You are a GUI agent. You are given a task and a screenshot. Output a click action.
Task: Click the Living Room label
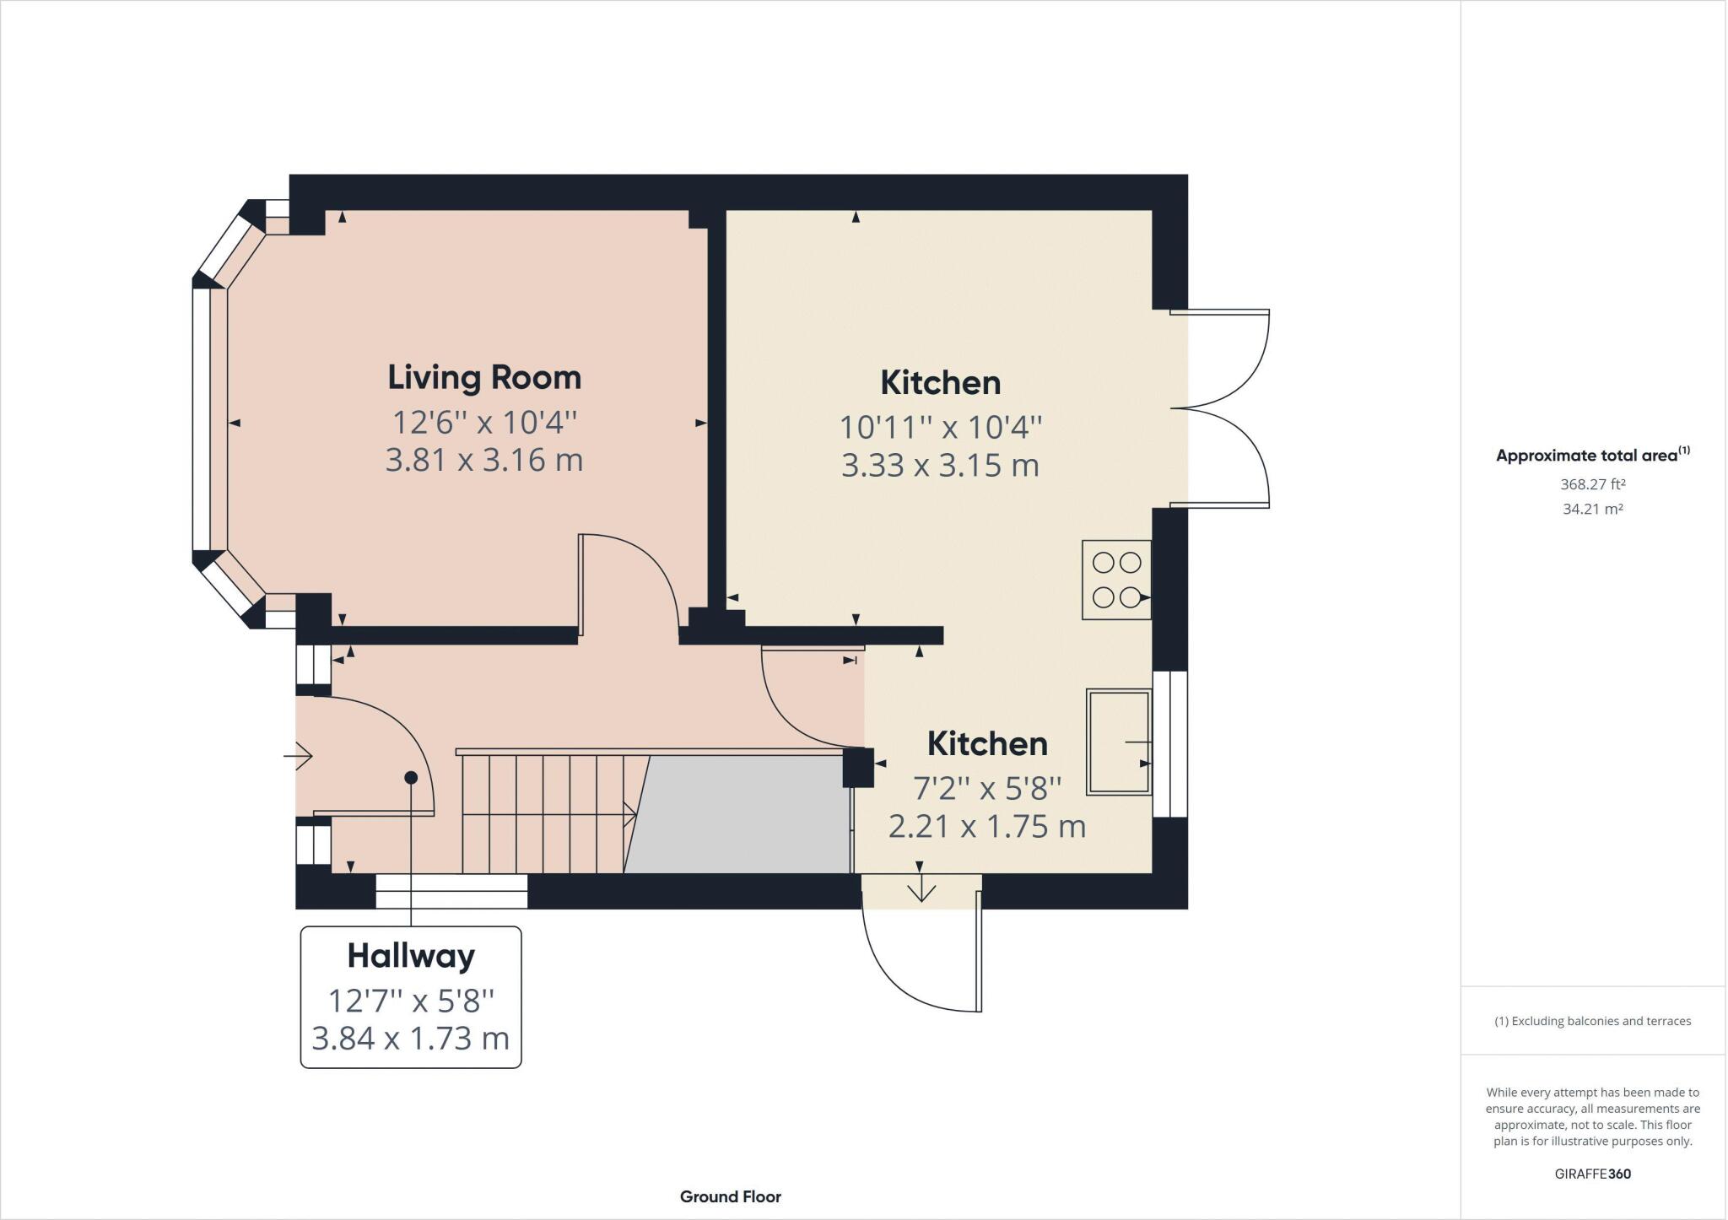click(484, 377)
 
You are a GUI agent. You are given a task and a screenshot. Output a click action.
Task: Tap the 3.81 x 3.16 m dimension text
click(484, 461)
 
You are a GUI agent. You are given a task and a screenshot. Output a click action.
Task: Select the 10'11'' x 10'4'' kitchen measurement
click(940, 427)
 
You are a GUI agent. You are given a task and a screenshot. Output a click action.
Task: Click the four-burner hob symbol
click(1116, 580)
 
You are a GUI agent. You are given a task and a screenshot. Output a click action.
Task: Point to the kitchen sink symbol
click(1118, 742)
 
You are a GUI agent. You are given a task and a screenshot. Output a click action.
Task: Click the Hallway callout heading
click(411, 956)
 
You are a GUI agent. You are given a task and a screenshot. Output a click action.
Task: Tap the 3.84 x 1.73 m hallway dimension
click(411, 1038)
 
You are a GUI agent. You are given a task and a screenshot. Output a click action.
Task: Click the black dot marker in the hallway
click(411, 777)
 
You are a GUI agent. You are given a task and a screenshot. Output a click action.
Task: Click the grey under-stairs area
click(742, 814)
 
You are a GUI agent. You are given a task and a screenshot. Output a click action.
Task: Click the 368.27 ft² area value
click(1592, 484)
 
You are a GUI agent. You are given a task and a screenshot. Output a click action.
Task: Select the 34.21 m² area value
click(1592, 509)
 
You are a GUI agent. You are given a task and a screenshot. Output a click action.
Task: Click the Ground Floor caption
click(730, 1196)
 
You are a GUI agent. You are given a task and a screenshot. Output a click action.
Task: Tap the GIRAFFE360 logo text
click(1592, 1174)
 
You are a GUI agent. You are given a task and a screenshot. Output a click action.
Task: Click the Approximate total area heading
click(1591, 455)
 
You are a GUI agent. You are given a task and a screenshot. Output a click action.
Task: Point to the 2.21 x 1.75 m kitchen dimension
click(986, 826)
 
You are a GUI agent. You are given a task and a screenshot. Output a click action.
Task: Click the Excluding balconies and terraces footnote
click(1592, 1021)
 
